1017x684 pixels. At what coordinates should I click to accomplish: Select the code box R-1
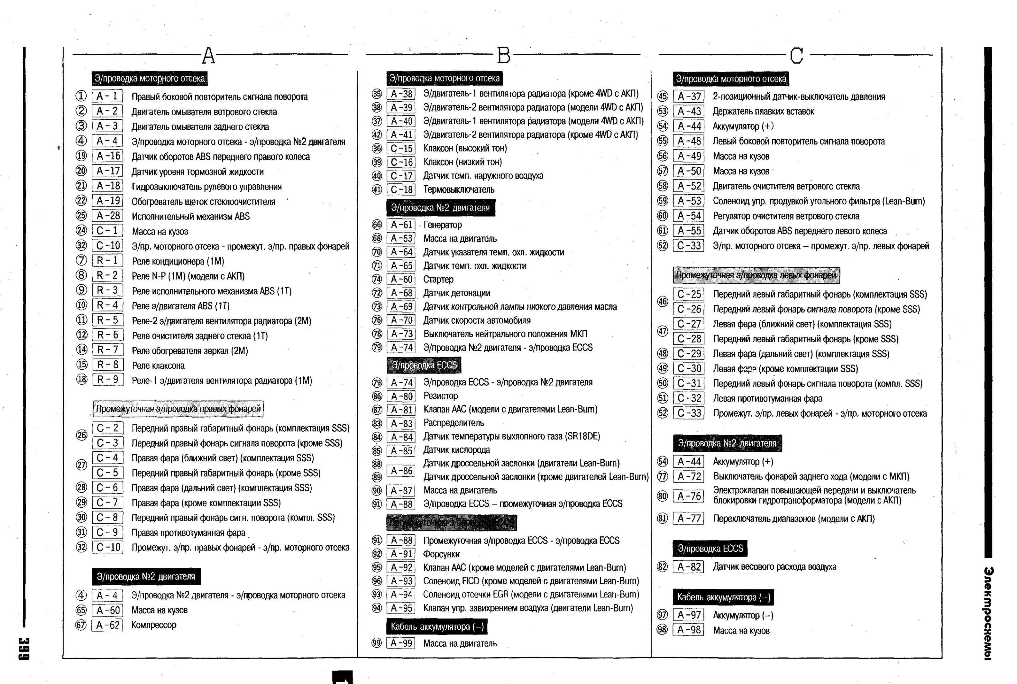coord(107,260)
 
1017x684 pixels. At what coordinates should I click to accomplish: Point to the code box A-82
coord(689,567)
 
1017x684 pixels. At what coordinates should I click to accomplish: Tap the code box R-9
coord(107,380)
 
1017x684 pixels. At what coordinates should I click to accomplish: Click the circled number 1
coord(81,96)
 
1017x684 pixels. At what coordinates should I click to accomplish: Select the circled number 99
coord(377,643)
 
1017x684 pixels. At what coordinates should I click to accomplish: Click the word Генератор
coord(442,225)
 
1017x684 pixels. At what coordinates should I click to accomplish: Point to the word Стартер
coord(438,279)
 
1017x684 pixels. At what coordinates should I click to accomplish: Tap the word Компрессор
coord(154,625)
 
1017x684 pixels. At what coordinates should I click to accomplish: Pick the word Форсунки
coord(441,554)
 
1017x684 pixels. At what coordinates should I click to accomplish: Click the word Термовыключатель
coord(459,189)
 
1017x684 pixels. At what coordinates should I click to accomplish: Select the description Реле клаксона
coord(158,365)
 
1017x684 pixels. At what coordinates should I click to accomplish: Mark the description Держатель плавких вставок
coord(763,111)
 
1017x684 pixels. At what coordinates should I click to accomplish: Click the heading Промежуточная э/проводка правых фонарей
coord(178,409)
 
